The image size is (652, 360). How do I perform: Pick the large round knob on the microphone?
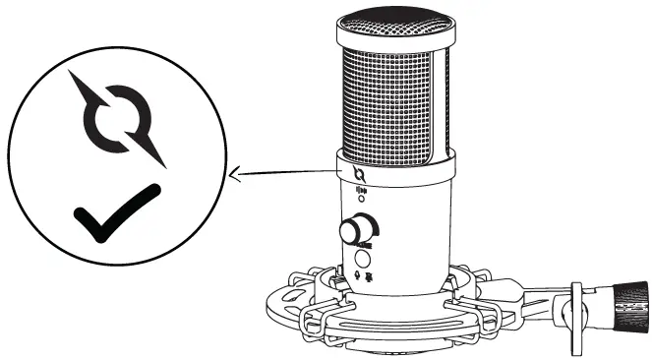click(x=355, y=232)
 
